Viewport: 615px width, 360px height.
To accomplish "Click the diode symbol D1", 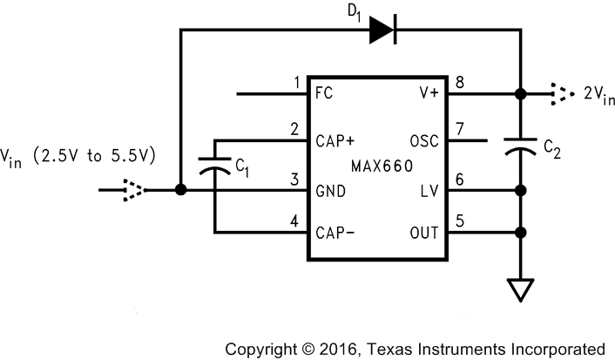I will pos(383,30).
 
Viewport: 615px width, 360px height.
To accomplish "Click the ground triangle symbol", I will pos(520,289).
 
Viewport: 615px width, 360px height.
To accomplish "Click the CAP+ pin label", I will pos(333,141).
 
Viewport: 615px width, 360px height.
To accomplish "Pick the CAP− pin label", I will pos(333,234).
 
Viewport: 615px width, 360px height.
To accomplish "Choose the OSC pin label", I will pos(422,141).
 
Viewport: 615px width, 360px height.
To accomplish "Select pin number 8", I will pos(459,83).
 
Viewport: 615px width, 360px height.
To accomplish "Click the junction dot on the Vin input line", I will pos(179,189).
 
